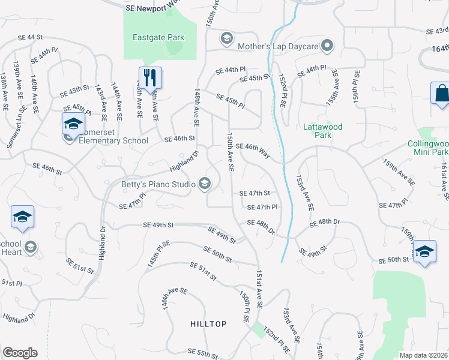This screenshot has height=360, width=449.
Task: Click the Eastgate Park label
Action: pyautogui.click(x=158, y=37)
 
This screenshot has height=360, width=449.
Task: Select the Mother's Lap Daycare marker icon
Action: pyautogui.click(x=327, y=46)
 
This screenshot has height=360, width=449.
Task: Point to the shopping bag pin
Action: pyautogui.click(x=441, y=94)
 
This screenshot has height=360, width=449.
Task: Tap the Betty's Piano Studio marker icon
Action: pyautogui.click(x=205, y=184)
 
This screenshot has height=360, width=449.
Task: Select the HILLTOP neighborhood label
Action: pyautogui.click(x=208, y=324)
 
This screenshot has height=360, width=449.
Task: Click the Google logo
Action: pyautogui.click(x=20, y=353)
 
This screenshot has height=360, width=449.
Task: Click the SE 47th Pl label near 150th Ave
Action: pyautogui.click(x=262, y=207)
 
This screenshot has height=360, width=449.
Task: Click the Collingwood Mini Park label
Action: pyautogui.click(x=427, y=148)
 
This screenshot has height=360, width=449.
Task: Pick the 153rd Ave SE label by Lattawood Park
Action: pyautogui.click(x=305, y=193)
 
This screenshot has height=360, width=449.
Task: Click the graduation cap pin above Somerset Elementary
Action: pyautogui.click(x=73, y=124)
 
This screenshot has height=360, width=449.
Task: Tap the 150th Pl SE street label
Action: pyautogui.click(x=244, y=307)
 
